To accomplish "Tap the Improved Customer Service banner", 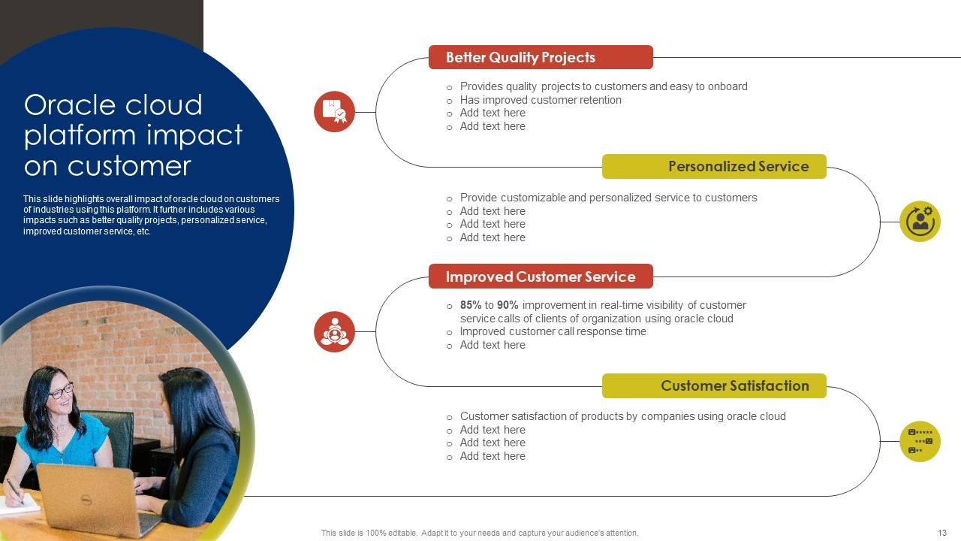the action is [x=541, y=276].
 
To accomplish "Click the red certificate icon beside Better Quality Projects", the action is [x=334, y=112].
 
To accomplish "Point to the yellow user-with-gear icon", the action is [x=920, y=222].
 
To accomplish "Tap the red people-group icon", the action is [x=334, y=331].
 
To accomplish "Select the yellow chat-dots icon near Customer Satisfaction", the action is [x=920, y=441].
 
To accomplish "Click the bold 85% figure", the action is [x=471, y=305].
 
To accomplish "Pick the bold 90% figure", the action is [x=508, y=305].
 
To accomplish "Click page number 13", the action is [x=942, y=533].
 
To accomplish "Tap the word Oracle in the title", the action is [x=71, y=105].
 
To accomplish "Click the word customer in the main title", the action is [x=128, y=166].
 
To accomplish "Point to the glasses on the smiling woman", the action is [x=61, y=391].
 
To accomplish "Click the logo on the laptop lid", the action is [x=86, y=500].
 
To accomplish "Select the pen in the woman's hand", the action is [x=14, y=491].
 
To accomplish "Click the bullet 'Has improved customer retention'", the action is [x=541, y=100].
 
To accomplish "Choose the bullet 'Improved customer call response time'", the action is [x=553, y=331].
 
